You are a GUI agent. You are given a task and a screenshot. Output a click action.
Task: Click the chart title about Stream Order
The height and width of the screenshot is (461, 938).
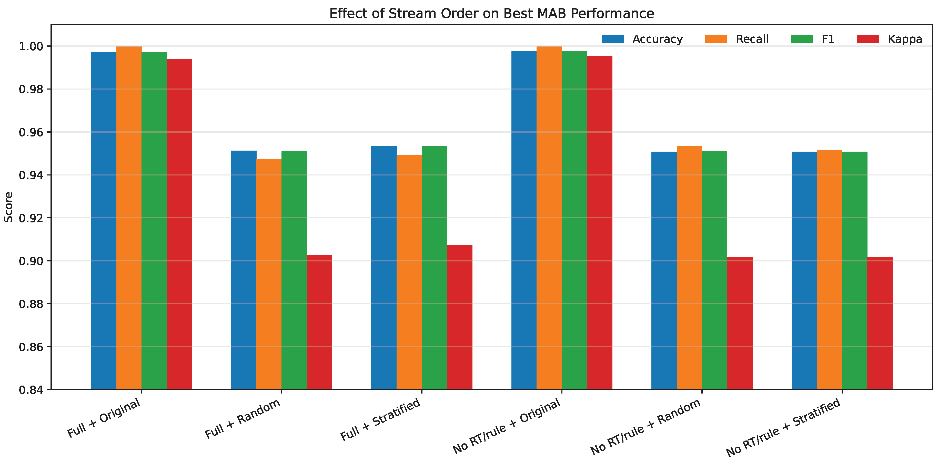coord(492,14)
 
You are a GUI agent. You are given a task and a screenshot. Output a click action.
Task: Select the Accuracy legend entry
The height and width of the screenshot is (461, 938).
coord(642,39)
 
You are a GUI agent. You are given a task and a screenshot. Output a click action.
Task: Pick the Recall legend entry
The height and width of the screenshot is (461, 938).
coord(736,39)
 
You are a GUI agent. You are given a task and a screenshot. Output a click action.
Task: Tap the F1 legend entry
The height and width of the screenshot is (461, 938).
coord(812,39)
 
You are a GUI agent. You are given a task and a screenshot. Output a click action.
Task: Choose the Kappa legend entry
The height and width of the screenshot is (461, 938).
coord(890,39)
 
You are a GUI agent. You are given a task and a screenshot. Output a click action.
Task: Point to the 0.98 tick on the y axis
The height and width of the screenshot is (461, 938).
coord(31,89)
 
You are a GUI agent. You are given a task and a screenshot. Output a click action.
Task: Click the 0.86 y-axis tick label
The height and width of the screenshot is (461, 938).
coord(31,347)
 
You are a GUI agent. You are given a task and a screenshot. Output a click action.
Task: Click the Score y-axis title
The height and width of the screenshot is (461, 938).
coord(8,207)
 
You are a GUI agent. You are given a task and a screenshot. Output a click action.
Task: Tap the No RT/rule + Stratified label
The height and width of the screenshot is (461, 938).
coord(783,427)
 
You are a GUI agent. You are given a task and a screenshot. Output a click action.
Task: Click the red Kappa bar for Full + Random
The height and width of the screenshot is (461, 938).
coord(319,322)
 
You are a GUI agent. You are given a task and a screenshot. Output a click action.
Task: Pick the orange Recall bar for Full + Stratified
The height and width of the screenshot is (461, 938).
coord(409,272)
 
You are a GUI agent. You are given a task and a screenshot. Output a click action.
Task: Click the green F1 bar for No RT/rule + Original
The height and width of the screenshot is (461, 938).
coord(574,220)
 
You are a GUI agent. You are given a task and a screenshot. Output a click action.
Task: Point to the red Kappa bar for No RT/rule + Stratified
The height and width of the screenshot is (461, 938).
coord(880,323)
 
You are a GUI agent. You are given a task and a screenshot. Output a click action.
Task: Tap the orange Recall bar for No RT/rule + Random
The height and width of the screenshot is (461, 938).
coord(689,268)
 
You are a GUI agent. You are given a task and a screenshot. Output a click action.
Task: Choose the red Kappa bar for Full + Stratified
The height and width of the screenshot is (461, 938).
coord(460,317)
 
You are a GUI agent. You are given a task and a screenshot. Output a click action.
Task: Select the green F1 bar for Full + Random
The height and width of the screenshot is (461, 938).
coord(294,270)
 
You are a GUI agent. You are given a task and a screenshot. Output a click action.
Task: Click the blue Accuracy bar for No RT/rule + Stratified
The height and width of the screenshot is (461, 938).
coord(804,271)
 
